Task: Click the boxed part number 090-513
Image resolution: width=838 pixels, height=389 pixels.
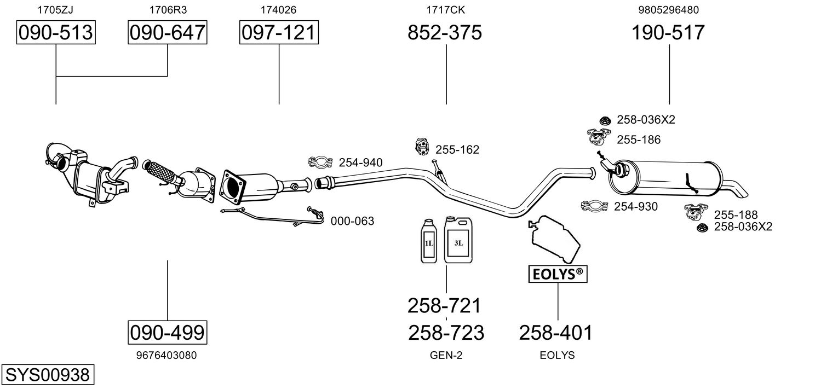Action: tap(56, 33)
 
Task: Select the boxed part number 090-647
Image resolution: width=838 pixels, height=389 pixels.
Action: tap(168, 33)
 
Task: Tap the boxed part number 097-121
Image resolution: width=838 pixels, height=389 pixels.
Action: tap(279, 33)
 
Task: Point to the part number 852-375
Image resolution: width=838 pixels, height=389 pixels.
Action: tap(445, 33)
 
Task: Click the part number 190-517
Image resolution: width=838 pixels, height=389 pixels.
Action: tap(668, 33)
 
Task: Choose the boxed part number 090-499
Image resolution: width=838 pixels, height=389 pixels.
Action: tap(168, 332)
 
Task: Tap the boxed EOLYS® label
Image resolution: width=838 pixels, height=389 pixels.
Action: tap(558, 274)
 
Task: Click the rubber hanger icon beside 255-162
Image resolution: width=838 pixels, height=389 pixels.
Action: tap(422, 147)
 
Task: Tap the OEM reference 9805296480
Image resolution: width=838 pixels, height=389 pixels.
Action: tap(668, 9)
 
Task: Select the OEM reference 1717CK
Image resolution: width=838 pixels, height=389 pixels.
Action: tap(445, 9)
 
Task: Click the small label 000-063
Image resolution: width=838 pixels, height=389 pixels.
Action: tap(352, 222)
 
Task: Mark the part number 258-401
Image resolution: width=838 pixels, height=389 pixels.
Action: tap(556, 332)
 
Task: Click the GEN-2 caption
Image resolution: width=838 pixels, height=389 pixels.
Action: tap(446, 355)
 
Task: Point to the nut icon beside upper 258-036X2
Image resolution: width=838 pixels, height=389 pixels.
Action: tap(605, 120)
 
